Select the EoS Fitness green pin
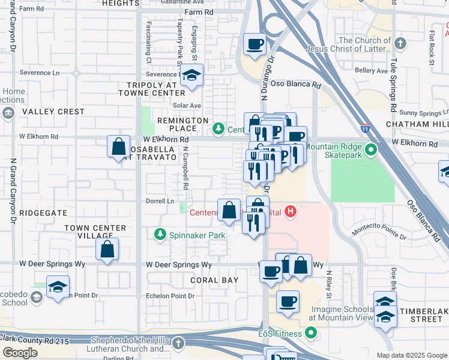(310, 332)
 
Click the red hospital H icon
(291, 211)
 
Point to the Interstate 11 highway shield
(366, 128)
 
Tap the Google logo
(20, 353)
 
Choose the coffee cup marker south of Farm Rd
(255, 44)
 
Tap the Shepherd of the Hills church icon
(178, 343)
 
